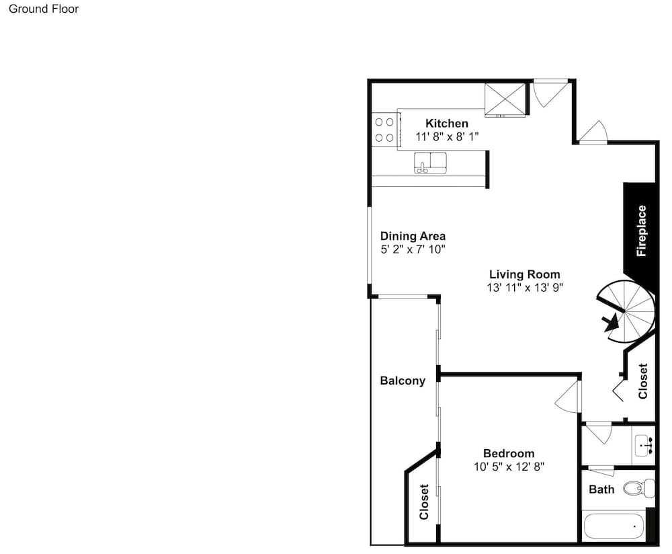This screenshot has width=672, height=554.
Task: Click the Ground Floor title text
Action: (x=44, y=9)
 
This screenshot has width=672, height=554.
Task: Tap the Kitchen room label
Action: (x=447, y=124)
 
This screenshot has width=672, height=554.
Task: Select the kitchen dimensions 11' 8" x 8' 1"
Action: (x=447, y=136)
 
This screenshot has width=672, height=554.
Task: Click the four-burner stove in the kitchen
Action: (x=384, y=130)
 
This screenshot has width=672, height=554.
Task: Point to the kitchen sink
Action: (x=430, y=163)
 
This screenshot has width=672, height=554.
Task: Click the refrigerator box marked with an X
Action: (x=505, y=100)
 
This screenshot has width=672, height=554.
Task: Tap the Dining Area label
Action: (x=413, y=236)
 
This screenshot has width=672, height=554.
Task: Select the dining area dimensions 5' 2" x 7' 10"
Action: (x=413, y=249)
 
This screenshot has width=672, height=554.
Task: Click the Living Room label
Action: (x=525, y=274)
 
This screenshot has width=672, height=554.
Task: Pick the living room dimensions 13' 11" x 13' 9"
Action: (x=525, y=287)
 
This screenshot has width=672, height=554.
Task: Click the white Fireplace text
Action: (x=642, y=231)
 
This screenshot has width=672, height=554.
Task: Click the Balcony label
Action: (x=403, y=381)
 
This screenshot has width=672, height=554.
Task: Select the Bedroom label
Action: (x=509, y=454)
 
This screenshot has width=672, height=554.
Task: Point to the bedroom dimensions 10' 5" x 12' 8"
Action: (x=509, y=467)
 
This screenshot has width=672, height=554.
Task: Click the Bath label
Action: (x=601, y=489)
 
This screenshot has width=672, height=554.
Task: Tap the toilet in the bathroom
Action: (x=638, y=488)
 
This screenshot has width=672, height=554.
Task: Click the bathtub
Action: (x=614, y=526)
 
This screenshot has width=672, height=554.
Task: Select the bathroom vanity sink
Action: (x=644, y=445)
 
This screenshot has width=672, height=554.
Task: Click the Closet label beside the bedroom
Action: (x=424, y=502)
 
